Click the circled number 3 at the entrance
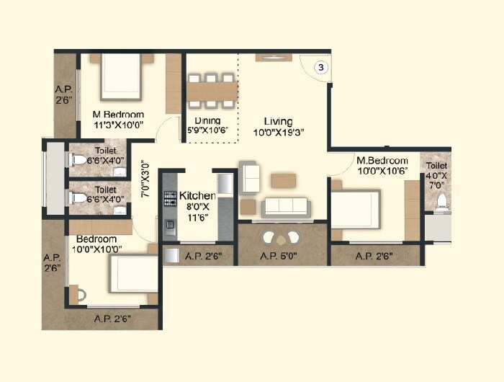tap(322, 67)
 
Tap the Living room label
tap(279, 126)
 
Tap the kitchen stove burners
tap(170, 198)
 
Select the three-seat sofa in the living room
tap(285, 206)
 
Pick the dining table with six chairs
tap(212, 91)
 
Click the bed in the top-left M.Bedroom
tap(123, 77)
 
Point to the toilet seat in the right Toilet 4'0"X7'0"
tap(441, 201)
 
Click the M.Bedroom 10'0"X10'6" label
tap(382, 166)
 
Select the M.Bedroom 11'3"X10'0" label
tap(118, 119)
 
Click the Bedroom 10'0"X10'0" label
tap(96, 244)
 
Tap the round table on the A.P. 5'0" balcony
tap(282, 236)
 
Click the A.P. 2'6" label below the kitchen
tap(203, 256)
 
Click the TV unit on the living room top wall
tap(274, 57)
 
